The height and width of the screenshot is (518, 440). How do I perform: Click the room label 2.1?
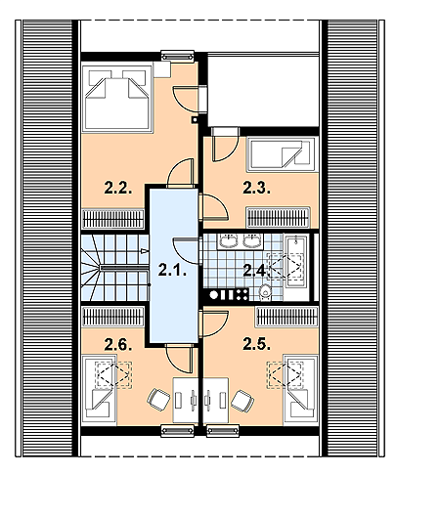pos(172,272)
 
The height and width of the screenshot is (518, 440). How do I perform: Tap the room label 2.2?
pos(117,186)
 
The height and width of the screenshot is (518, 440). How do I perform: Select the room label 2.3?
pos(256,186)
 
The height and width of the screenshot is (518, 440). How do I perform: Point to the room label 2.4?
pos(255,270)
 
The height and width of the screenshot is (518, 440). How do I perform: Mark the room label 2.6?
pos(117,342)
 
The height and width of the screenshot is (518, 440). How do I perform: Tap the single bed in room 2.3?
pos(282,155)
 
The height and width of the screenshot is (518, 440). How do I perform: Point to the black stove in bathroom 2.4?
pos(225,293)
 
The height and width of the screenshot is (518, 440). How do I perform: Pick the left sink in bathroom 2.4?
pos(227,240)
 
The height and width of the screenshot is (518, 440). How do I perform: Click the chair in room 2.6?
pos(159,399)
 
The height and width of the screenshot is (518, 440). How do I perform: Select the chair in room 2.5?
pos(242,399)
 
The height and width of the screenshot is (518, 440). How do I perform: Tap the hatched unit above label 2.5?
pos(287,317)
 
